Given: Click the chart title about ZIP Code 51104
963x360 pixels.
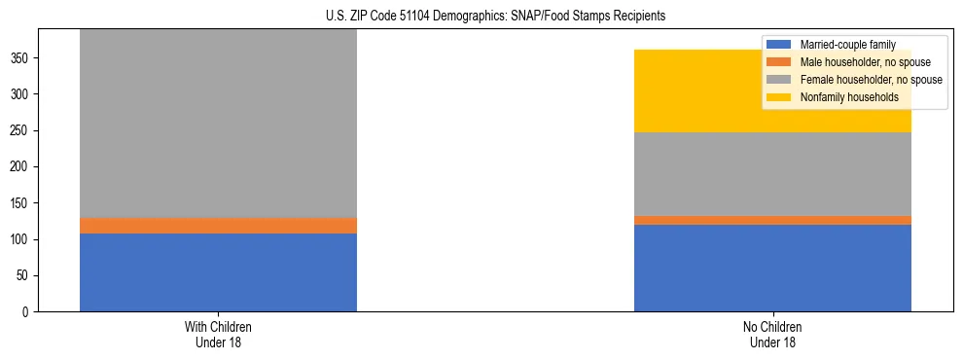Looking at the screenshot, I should click(482, 17).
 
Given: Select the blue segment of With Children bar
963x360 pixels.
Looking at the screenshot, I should click(218, 272).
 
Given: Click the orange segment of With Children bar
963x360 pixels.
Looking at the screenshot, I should click(218, 226).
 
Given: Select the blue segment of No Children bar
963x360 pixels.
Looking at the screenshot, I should click(772, 268).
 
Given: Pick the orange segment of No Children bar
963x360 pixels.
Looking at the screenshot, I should click(772, 220).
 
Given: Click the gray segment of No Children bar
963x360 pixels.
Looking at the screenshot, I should click(772, 174).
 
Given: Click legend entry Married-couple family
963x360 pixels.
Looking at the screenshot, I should click(846, 45).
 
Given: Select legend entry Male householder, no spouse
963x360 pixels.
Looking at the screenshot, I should click(862, 62).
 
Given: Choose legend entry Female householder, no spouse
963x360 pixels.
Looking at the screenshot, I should click(870, 80).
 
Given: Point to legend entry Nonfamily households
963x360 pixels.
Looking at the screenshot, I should click(849, 97).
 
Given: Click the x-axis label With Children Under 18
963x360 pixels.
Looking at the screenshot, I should click(218, 334).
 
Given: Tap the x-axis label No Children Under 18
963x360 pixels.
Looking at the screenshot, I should click(772, 334).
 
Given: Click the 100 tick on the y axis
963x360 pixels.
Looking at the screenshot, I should click(22, 239).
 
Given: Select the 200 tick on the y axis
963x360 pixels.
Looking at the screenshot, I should click(22, 167).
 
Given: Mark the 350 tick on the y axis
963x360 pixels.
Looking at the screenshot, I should click(22, 58).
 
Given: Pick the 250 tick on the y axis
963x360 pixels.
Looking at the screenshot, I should click(22, 130).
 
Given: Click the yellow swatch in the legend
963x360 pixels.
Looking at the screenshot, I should click(779, 97).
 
